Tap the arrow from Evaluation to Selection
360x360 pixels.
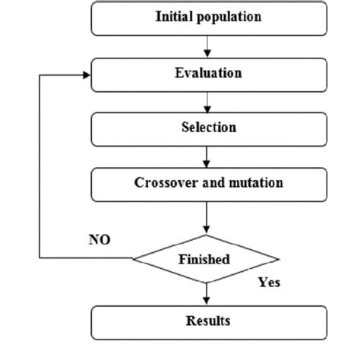click(x=207, y=102)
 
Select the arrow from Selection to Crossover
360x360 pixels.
click(x=207, y=156)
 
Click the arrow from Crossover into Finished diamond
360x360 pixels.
click(x=207, y=216)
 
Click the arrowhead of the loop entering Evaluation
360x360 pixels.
click(x=86, y=74)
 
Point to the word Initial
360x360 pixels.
click(x=174, y=17)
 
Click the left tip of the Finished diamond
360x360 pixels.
click(x=134, y=259)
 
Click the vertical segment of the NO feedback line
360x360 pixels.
click(x=39, y=167)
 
